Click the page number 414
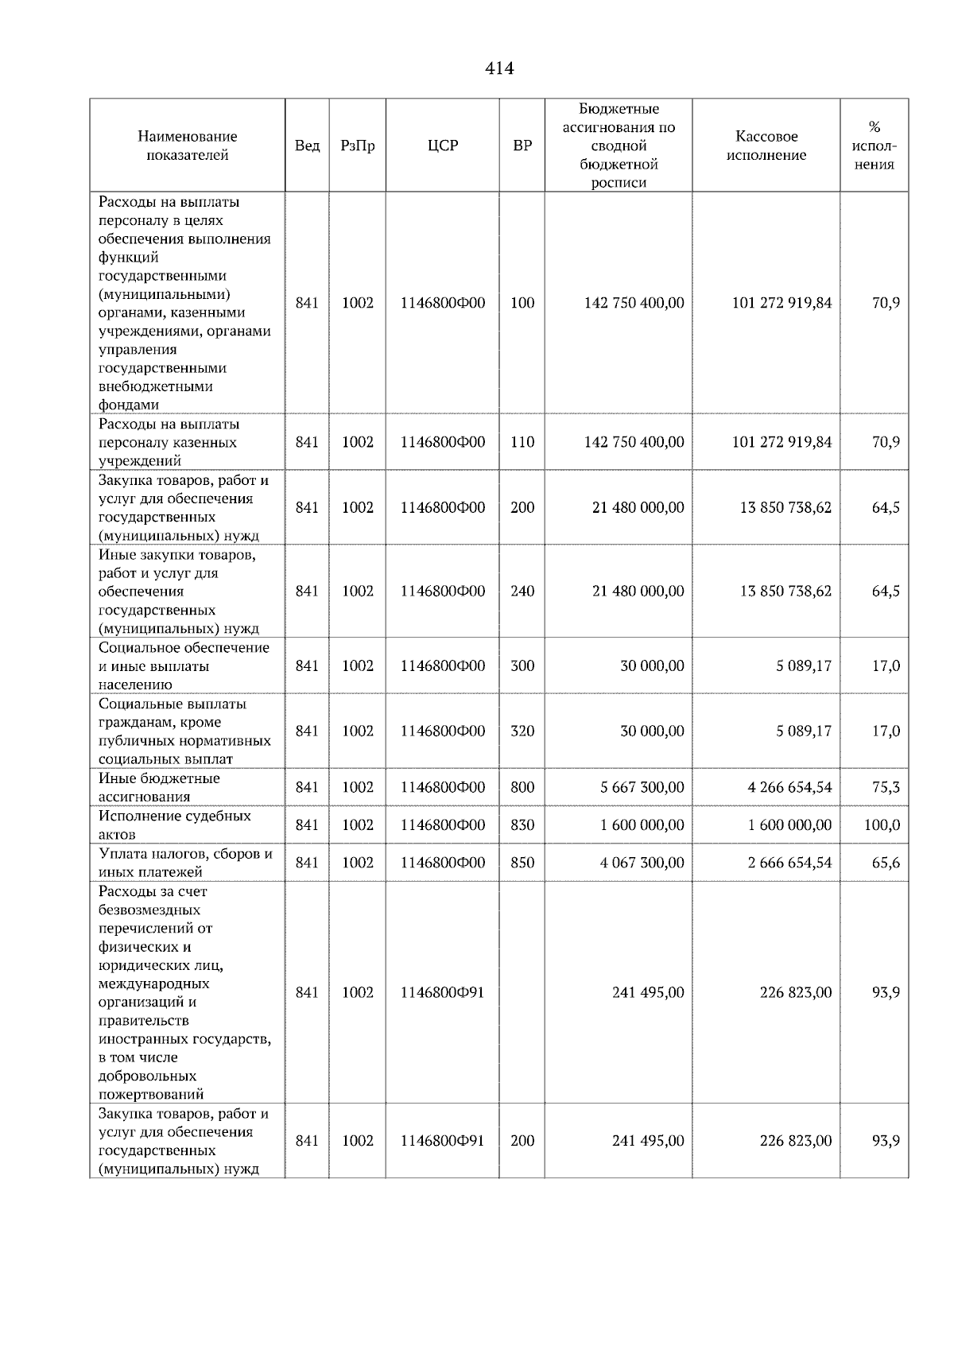499,69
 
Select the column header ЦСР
443,146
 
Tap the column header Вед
307,146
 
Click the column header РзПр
357,146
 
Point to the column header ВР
522,146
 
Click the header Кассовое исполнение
766,146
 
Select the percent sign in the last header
874,127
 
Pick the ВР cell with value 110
522,442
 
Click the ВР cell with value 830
522,825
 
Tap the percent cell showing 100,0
882,825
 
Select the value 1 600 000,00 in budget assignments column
642,825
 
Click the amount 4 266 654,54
789,788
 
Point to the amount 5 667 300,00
642,788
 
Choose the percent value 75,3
886,788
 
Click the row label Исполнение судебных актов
175,825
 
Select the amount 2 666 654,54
789,863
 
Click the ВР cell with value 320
522,731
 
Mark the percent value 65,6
886,863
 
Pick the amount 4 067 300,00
642,863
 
